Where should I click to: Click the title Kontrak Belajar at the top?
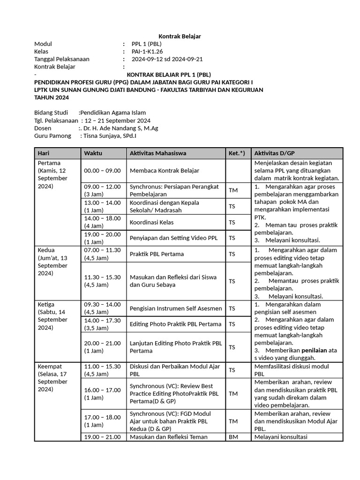click(180, 37)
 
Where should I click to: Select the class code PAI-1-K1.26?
click(147, 52)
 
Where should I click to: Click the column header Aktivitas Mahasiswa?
click(158, 153)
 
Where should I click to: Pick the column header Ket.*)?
click(237, 153)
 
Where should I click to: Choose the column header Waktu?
click(93, 153)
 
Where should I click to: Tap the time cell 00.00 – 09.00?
click(102, 171)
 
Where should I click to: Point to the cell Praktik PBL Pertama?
click(157, 254)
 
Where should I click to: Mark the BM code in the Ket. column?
click(233, 437)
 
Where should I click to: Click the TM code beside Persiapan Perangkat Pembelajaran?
click(233, 190)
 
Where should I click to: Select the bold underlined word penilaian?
click(315, 350)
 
